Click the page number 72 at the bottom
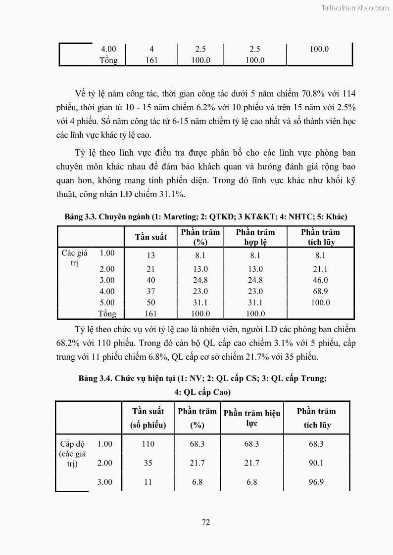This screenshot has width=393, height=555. pos(206,522)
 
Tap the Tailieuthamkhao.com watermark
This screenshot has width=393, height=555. pos(355,7)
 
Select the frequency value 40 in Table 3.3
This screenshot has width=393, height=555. pos(150,280)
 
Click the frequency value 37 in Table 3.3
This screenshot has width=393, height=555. pos(150,292)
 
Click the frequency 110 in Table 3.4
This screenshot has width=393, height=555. pos(148,444)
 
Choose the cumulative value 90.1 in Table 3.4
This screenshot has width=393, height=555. pos(316,463)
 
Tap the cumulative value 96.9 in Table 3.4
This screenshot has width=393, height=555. pos(316,482)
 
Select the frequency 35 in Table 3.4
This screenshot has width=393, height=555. pos(148,463)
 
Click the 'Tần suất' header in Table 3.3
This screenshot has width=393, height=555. pos(151,237)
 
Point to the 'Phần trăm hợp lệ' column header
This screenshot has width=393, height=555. pos(255,237)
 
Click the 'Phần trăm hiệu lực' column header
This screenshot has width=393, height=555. pos(251,418)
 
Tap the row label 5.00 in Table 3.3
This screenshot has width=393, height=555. pos(107,302)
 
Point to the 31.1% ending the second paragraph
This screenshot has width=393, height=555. pos(172,195)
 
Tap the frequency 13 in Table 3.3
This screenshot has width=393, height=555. pos(150,256)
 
